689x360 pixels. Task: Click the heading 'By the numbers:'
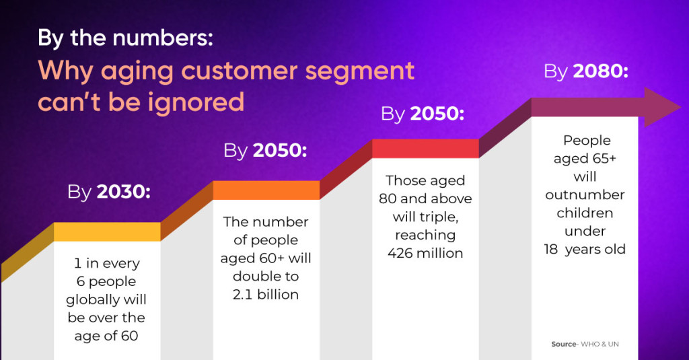126,38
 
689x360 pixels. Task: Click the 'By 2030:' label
109,192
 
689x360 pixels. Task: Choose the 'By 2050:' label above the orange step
265,151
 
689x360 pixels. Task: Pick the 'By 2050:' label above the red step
423,114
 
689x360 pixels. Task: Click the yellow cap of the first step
107,231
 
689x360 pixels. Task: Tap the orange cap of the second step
266,190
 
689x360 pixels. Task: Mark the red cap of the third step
425,148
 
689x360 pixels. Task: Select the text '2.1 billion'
266,295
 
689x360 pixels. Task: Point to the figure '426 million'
425,254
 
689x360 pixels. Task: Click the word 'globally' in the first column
106,299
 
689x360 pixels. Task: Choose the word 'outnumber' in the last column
585,195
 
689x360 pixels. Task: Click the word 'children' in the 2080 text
585,213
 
